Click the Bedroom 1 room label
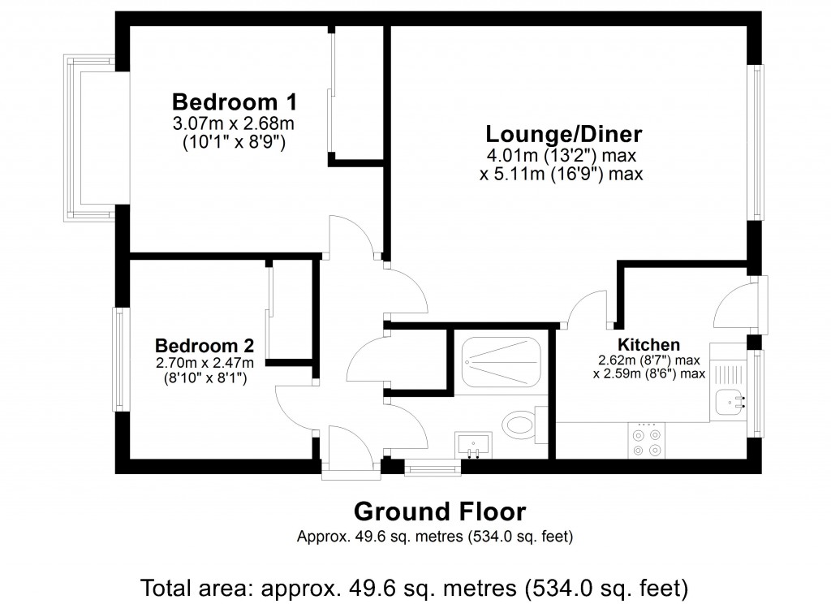[234, 103]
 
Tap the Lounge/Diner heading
[564, 134]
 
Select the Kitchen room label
[648, 344]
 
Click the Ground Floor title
[440, 512]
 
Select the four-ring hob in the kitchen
[648, 441]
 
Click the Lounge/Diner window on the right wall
[756, 142]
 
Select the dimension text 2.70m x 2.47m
[205, 362]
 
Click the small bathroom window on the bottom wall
[433, 466]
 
